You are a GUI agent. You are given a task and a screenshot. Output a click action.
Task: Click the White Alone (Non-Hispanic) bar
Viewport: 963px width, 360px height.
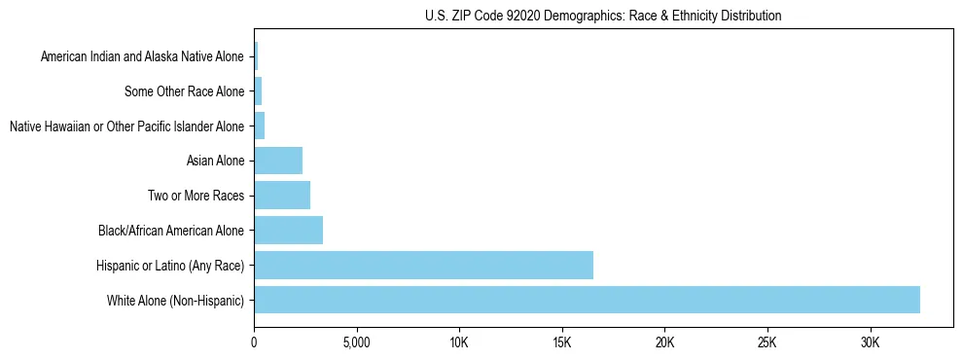(587, 300)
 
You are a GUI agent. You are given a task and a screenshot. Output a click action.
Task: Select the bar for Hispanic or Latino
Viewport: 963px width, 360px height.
(423, 265)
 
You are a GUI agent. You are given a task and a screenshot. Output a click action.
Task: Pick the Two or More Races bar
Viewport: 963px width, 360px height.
(282, 196)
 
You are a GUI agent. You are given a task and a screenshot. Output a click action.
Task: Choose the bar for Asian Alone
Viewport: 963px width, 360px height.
(278, 161)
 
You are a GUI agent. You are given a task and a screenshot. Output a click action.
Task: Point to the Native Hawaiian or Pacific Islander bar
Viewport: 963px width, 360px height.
(260, 126)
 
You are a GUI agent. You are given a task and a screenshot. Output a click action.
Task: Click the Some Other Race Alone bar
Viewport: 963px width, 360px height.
(258, 91)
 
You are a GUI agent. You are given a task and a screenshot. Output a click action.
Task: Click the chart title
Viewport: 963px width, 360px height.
(603, 16)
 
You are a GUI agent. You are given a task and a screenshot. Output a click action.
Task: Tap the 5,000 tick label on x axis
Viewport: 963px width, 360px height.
(356, 342)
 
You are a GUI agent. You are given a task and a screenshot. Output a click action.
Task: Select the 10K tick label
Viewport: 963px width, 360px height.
(459, 342)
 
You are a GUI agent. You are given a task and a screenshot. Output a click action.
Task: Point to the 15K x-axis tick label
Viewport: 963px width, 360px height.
(562, 342)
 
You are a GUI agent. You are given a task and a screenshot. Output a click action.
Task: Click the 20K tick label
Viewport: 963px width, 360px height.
(664, 342)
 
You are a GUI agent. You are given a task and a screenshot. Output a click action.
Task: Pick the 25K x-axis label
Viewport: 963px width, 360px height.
(767, 342)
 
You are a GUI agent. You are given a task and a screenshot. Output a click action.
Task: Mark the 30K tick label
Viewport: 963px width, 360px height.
(870, 342)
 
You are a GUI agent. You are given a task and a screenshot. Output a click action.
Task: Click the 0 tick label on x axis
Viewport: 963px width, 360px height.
(254, 342)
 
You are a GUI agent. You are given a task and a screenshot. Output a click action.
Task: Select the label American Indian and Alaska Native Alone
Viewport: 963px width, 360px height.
(142, 57)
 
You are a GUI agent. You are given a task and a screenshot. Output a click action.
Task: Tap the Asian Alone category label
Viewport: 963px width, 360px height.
(215, 161)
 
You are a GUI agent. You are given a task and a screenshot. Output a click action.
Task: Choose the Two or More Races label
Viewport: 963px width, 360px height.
(196, 196)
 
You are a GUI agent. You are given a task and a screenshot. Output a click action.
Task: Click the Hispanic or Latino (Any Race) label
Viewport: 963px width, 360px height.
(170, 265)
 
